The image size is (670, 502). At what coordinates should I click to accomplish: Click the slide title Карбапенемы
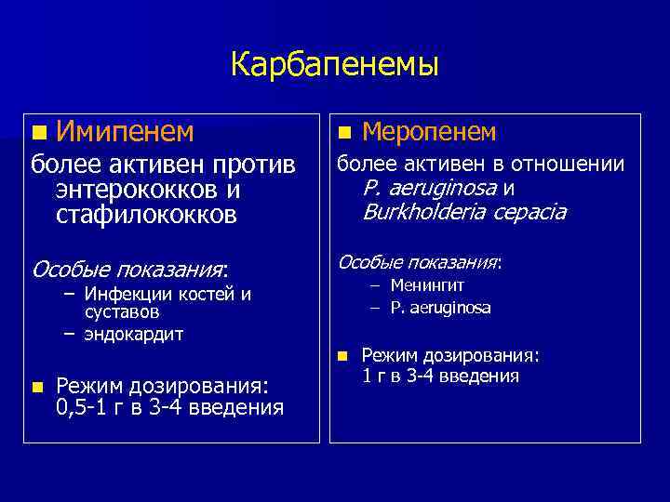(335, 64)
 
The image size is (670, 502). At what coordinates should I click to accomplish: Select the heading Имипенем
(125, 133)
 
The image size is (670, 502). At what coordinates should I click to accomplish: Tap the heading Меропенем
(429, 132)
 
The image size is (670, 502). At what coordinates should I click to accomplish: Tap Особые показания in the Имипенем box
(129, 270)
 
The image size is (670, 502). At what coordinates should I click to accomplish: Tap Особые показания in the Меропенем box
(419, 262)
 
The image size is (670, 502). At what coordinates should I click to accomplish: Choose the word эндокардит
(133, 333)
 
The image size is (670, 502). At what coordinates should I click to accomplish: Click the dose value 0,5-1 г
(96, 407)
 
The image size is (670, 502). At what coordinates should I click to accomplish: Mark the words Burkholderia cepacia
(463, 212)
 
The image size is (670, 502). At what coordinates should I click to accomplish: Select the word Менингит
(427, 286)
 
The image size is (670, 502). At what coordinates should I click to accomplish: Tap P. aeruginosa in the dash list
(441, 307)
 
